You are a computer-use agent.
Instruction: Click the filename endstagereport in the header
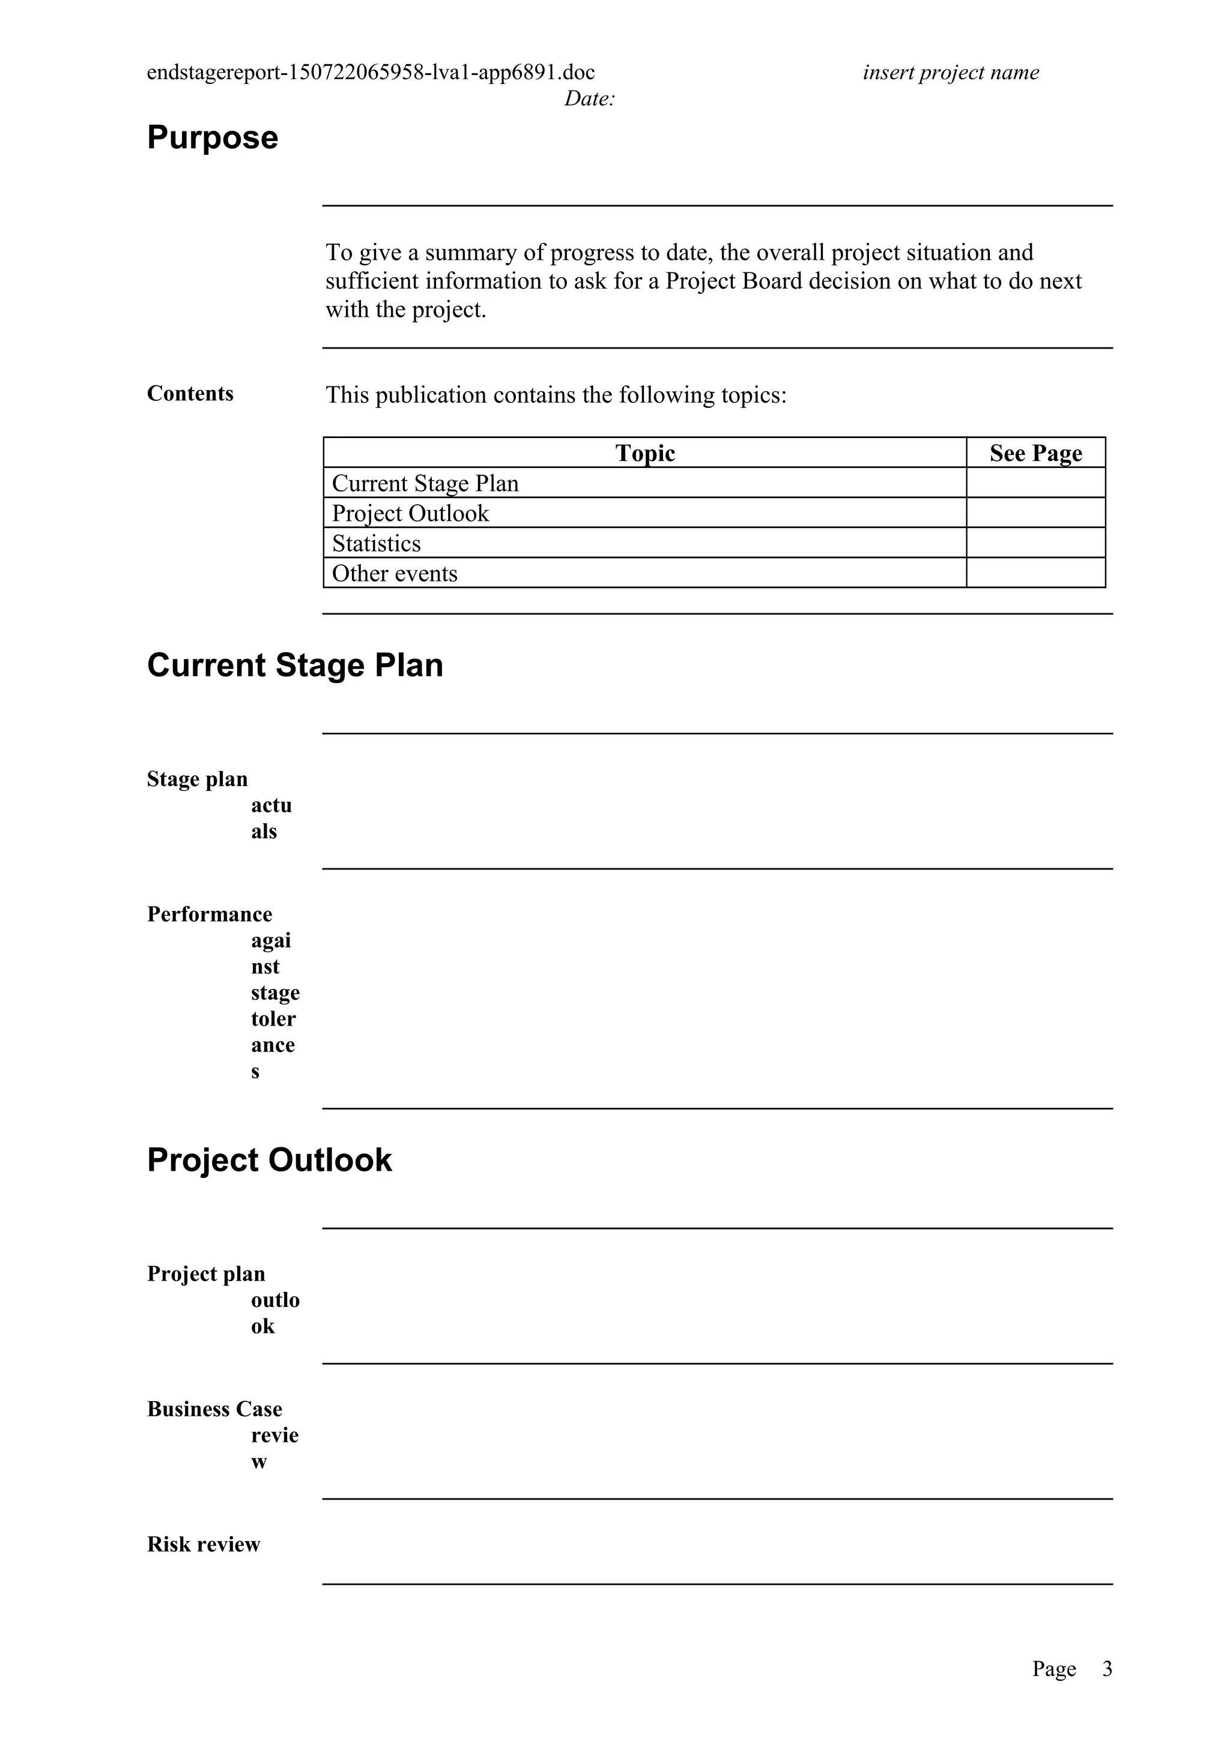click(371, 73)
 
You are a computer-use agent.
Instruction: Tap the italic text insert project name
click(950, 73)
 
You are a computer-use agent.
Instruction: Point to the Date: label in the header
click(589, 98)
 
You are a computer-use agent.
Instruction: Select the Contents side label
click(190, 394)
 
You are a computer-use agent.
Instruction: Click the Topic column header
click(645, 453)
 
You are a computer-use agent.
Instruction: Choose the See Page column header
click(1035, 453)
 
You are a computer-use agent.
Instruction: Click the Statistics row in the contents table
click(377, 543)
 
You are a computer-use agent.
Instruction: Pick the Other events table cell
click(395, 573)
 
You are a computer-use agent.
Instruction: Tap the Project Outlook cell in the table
click(411, 514)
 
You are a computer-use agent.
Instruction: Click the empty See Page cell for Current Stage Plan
click(1035, 483)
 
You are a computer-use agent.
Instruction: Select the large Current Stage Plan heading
click(295, 665)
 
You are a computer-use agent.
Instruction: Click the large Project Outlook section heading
click(269, 1159)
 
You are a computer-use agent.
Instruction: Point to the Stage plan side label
click(198, 779)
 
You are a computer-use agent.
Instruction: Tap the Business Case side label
click(214, 1409)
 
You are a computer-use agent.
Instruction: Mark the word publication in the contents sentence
click(431, 395)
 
